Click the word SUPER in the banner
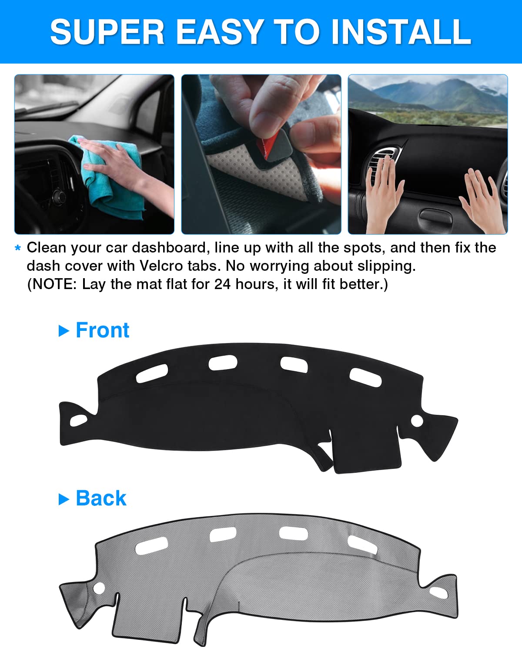[x=107, y=32]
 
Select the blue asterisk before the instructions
[x=18, y=248]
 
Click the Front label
[x=102, y=330]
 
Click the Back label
[x=101, y=498]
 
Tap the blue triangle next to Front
[x=64, y=331]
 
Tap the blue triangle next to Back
[x=64, y=499]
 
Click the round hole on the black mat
[x=417, y=421]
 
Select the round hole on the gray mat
[x=99, y=588]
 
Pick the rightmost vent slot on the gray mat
[x=362, y=545]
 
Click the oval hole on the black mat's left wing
[x=78, y=421]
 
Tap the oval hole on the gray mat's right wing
[x=438, y=592]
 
